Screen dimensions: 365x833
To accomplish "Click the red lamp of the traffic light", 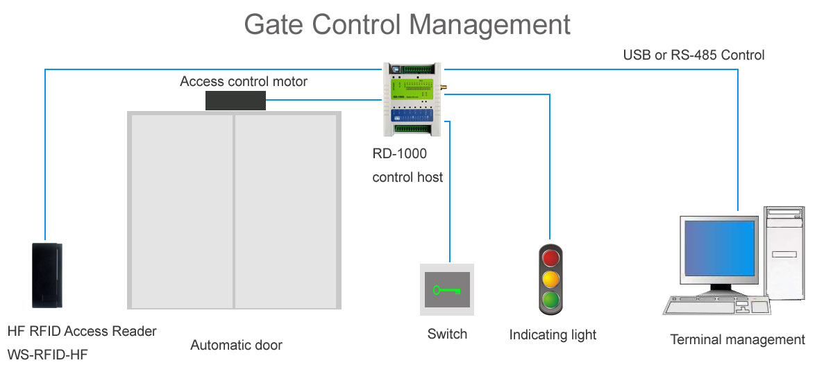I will pyautogui.click(x=550, y=258).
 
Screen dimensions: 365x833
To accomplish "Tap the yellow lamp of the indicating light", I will pyautogui.click(x=550, y=279).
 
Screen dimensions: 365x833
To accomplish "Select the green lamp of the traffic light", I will pyautogui.click(x=550, y=300).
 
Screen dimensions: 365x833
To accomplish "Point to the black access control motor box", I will pyautogui.click(x=235, y=100).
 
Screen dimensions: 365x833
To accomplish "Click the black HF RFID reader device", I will pyautogui.click(x=47, y=275).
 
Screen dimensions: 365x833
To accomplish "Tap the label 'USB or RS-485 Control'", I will pyautogui.click(x=693, y=55).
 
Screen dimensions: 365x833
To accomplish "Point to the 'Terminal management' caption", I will pyautogui.click(x=737, y=339).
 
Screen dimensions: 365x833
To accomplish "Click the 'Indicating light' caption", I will pyautogui.click(x=553, y=334).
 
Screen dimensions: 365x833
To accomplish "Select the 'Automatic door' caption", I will pyautogui.click(x=236, y=345).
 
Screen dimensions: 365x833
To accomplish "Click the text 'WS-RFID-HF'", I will pyautogui.click(x=48, y=355).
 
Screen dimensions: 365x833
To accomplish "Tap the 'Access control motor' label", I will pyautogui.click(x=244, y=81).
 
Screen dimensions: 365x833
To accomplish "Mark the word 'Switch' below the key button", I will pyautogui.click(x=447, y=334).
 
